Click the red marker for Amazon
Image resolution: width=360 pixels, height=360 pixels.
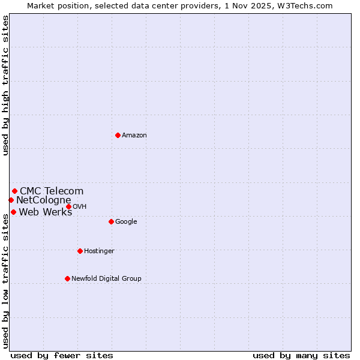pos(118,135)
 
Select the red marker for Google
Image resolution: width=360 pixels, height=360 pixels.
pos(111,221)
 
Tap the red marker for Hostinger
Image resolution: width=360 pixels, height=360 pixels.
pos(80,251)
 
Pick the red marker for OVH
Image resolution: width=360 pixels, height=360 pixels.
pos(68,206)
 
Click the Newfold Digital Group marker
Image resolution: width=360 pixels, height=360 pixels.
pos(67,278)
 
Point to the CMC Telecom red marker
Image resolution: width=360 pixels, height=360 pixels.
pos(14,191)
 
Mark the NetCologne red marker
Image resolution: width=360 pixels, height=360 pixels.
pos(11,200)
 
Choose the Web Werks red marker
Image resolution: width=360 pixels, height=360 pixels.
pos(13,212)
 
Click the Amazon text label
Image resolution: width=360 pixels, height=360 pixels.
pos(134,136)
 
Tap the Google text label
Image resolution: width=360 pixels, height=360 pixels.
pos(126,222)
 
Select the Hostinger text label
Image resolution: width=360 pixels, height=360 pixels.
pos(99,251)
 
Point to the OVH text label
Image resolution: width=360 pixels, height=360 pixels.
pos(80,207)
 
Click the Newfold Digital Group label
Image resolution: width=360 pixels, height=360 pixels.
pos(106,279)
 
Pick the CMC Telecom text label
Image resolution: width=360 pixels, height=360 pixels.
pos(52,191)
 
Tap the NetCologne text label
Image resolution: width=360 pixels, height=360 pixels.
pos(43,200)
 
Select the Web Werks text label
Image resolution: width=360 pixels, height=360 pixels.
pos(46,212)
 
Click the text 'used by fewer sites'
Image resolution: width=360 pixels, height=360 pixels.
pos(62,356)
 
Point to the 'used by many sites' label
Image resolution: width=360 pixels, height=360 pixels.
pos(301,356)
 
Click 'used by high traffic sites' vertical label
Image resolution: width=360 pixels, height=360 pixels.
pos(5,85)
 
